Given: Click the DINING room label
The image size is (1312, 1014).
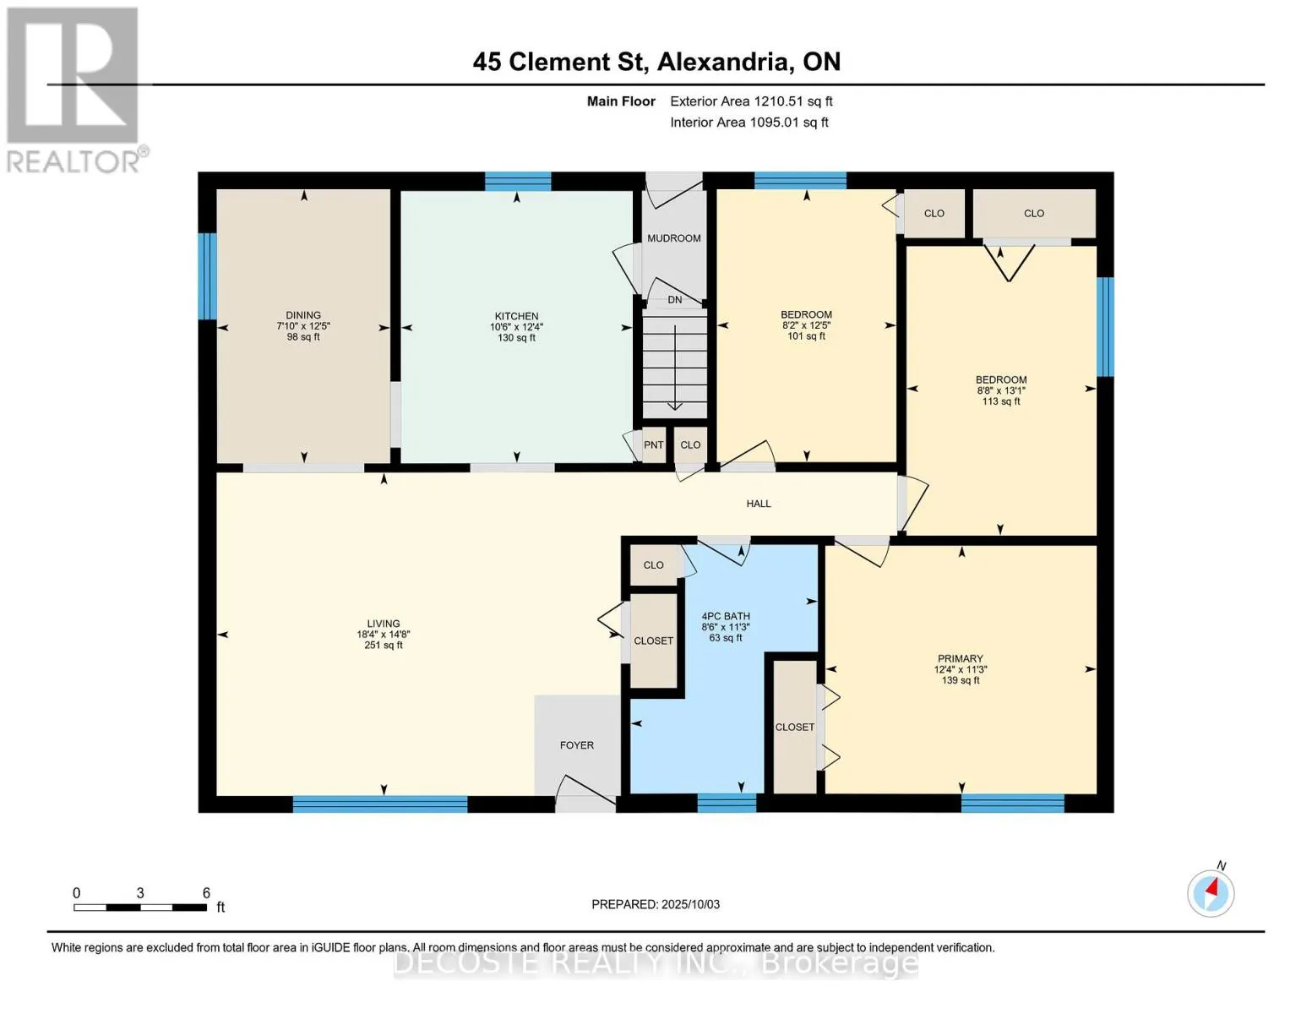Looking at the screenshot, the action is tap(303, 314).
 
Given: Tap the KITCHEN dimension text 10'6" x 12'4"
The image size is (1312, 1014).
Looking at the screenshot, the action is tap(516, 327).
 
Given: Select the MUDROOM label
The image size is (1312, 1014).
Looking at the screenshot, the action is tap(674, 238).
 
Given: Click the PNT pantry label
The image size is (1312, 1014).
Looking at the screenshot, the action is tap(653, 444).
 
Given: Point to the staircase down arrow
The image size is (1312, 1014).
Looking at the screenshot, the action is tap(674, 368).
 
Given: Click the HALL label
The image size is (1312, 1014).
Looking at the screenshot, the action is tap(759, 503).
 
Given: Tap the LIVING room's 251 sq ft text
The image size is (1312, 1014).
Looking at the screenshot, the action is tap(384, 645).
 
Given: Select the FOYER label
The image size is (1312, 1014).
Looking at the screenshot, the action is tap(577, 745).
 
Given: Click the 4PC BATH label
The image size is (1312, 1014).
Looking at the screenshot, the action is tap(725, 616).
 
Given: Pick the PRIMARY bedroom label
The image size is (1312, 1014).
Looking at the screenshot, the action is tap(960, 658).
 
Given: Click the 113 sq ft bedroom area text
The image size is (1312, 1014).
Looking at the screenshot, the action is tap(1001, 401).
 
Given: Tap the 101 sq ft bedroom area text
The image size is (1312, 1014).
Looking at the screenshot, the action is tap(806, 335).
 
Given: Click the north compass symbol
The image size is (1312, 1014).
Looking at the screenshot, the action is tap(1211, 893).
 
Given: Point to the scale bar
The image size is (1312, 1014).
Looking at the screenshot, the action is tap(140, 908).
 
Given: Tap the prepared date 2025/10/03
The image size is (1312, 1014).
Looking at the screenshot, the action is tap(691, 904).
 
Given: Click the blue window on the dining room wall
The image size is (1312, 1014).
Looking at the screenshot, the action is tap(207, 276).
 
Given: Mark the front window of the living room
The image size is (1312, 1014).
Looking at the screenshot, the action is tap(380, 804).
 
